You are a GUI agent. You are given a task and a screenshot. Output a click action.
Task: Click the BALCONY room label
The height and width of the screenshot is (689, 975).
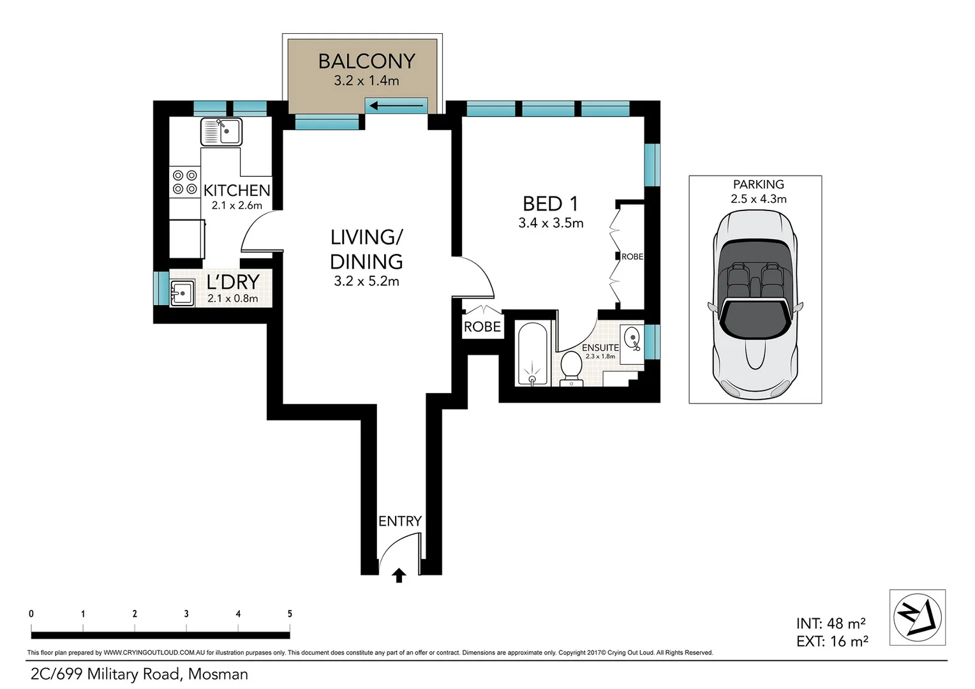click(x=366, y=61)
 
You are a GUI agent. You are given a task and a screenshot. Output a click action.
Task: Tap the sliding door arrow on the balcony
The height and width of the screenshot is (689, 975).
click(x=396, y=105)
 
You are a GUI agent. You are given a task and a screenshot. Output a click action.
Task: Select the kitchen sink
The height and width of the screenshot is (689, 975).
click(x=221, y=132)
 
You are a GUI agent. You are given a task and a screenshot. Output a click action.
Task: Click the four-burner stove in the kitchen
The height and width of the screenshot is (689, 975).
click(x=184, y=182)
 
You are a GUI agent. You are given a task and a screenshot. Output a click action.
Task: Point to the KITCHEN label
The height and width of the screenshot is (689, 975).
click(x=237, y=190)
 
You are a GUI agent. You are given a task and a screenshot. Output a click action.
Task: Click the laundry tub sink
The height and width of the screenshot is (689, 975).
click(x=182, y=293)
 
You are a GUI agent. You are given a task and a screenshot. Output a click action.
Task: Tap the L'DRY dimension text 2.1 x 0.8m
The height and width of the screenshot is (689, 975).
click(x=233, y=299)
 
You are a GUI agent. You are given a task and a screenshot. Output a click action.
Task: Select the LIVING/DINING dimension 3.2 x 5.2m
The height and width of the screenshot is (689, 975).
click(x=366, y=281)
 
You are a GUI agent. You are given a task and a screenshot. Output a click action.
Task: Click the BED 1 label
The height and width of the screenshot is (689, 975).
click(x=550, y=204)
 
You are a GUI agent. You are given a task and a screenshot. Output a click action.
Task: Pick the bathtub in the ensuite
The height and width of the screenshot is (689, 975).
click(x=532, y=354)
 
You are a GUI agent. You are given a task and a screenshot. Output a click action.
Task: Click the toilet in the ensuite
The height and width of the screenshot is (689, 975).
click(x=571, y=369)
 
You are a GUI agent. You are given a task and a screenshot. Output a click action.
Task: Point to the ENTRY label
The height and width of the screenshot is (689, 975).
click(x=399, y=521)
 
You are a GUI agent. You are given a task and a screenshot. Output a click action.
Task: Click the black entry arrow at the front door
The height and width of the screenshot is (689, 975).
click(x=399, y=575)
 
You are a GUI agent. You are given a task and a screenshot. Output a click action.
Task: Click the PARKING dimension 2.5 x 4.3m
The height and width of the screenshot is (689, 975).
click(x=759, y=199)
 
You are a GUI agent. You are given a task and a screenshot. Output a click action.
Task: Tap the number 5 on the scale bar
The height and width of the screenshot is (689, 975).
click(x=290, y=614)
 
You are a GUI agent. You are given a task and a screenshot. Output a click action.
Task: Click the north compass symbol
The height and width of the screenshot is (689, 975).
click(x=918, y=617)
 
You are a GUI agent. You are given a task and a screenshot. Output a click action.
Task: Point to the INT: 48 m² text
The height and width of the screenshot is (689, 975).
click(x=830, y=623)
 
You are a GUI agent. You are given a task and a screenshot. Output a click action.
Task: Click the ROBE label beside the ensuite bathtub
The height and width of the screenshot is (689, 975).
click(x=482, y=327)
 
